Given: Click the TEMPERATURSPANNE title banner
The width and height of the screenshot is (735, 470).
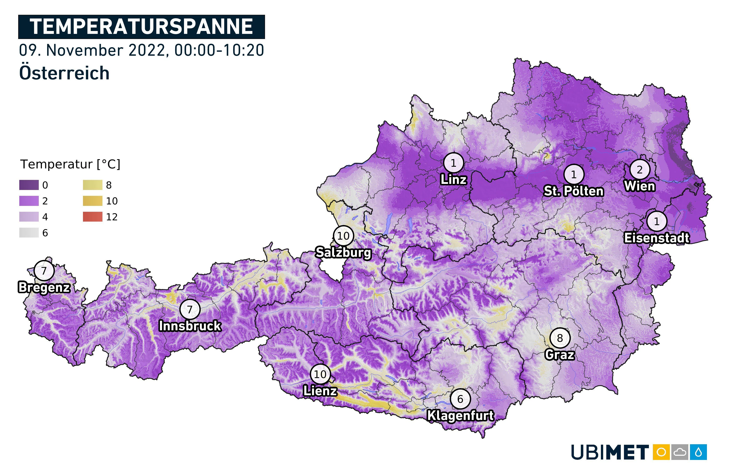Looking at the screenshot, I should [141, 27].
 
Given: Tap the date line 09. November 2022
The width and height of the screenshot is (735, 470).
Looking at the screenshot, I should [141, 50].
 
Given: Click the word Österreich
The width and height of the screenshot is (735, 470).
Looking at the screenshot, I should [64, 73].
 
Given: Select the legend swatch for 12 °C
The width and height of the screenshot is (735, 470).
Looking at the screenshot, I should [92, 217].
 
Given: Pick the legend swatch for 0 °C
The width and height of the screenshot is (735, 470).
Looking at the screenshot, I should [29, 185].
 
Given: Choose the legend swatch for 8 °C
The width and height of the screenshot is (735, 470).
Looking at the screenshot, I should [92, 185].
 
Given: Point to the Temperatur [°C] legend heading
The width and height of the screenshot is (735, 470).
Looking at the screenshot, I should [70, 164].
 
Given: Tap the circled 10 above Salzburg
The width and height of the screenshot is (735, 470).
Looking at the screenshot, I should [343, 236].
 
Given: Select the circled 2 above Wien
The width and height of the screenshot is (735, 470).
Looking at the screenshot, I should [639, 169].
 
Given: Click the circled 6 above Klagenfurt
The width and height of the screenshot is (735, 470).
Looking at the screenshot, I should [460, 399].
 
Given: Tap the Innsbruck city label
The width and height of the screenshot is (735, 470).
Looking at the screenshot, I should [190, 326].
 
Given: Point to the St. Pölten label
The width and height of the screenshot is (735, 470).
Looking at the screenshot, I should [573, 191].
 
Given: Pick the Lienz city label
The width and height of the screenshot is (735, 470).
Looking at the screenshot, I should [320, 391].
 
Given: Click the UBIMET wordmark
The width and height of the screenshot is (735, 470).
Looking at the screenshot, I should [610, 452].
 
